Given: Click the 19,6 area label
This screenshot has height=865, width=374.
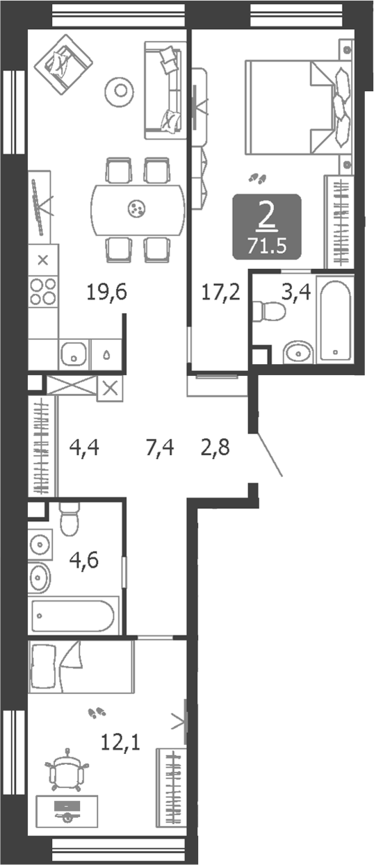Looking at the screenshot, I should pyautogui.click(x=108, y=293).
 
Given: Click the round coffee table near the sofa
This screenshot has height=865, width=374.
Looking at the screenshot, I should pyautogui.click(x=121, y=90).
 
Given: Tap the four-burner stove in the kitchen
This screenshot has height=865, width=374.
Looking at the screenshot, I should pyautogui.click(x=43, y=290).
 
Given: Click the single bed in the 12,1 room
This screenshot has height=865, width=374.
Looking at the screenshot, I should pyautogui.click(x=81, y=666).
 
